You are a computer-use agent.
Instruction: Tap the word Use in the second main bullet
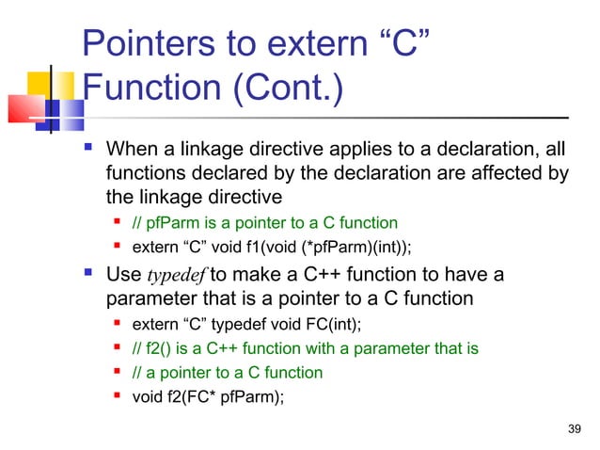pyautogui.click(x=123, y=275)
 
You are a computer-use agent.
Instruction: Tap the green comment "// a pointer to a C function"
pyautogui.click(x=227, y=373)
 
